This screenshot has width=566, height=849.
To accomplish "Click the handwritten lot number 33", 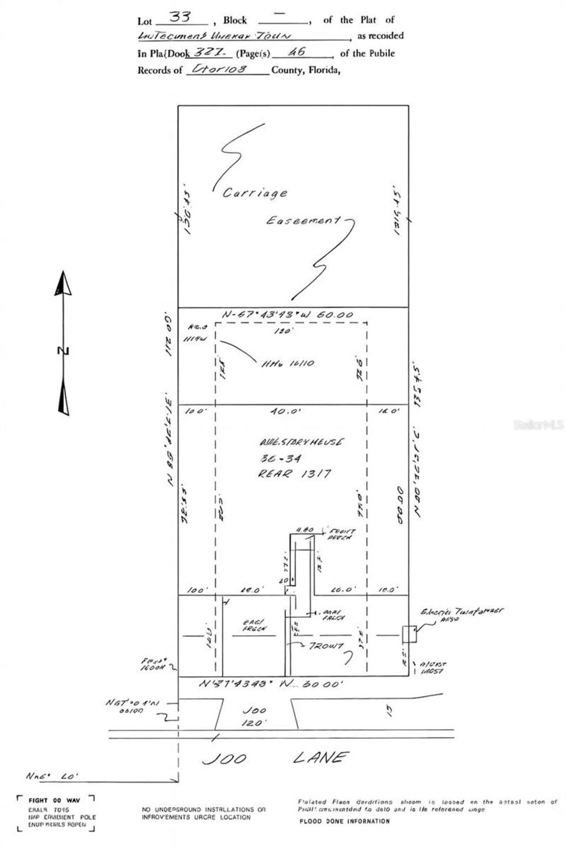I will click(x=180, y=17).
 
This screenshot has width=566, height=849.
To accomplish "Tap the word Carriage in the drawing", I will click(x=255, y=193).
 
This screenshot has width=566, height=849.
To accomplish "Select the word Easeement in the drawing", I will click(x=303, y=220).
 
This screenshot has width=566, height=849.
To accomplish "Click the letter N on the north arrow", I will click(x=63, y=351).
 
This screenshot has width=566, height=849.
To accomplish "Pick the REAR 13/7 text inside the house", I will click(x=294, y=474).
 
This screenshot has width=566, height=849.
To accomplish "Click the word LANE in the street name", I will click(x=319, y=758).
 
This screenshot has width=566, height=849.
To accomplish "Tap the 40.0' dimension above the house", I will click(x=286, y=411).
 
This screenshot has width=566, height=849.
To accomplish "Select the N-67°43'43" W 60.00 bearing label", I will click(x=288, y=315).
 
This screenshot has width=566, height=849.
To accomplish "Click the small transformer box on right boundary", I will click(x=409, y=634).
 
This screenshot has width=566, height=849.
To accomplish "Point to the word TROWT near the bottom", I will click(x=326, y=646).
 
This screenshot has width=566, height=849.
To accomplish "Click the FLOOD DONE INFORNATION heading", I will click(x=344, y=821).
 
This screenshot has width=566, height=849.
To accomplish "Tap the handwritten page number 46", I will click(x=296, y=52).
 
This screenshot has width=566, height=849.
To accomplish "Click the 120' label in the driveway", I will click(x=254, y=723).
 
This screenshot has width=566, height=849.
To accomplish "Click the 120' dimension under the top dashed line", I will click(x=282, y=331).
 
